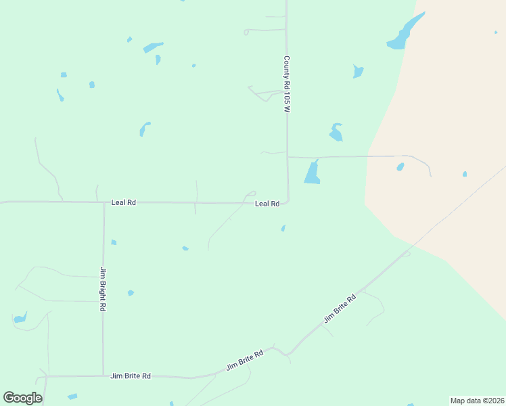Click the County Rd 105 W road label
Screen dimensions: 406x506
pyautogui.click(x=287, y=84)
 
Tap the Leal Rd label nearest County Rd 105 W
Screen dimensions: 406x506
pyautogui.click(x=267, y=204)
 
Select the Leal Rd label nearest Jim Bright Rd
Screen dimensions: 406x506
pyautogui.click(x=124, y=202)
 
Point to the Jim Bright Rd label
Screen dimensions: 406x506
pyautogui.click(x=103, y=289)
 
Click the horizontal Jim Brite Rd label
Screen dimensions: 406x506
pyautogui.click(x=130, y=376)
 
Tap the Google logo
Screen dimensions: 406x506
pyautogui.click(x=22, y=397)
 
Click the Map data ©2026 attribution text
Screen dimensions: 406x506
pyautogui.click(x=477, y=401)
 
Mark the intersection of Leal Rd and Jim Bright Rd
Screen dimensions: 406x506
pyautogui.click(x=103, y=202)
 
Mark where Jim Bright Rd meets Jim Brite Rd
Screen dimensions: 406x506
pyautogui.click(x=103, y=376)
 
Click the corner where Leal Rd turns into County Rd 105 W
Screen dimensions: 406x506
pyautogui.click(x=287, y=201)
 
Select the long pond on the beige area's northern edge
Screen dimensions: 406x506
pyautogui.click(x=405, y=33)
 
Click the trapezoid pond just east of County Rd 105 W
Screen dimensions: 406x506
pyautogui.click(x=313, y=173)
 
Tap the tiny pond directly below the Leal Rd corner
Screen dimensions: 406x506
pyautogui.click(x=283, y=228)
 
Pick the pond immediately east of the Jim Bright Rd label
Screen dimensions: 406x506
pyautogui.click(x=131, y=293)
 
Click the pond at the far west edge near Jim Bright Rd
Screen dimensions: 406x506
pyautogui.click(x=20, y=317)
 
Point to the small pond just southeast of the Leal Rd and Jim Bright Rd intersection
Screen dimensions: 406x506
pyautogui.click(x=114, y=242)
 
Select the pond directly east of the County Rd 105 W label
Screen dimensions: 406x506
pyautogui.click(x=358, y=71)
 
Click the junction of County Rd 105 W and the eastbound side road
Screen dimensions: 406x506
pyautogui.click(x=287, y=157)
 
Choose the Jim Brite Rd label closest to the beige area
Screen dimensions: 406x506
pyautogui.click(x=340, y=308)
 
